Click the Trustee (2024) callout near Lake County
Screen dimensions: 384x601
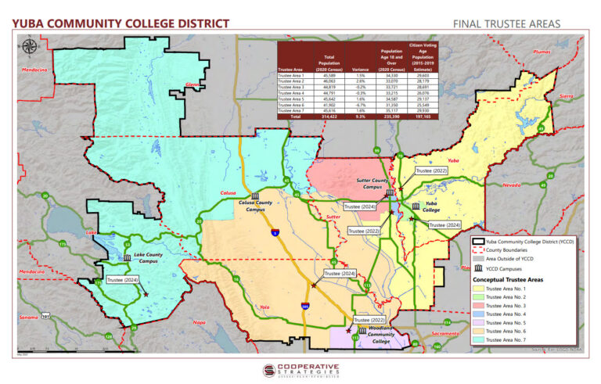[121, 280]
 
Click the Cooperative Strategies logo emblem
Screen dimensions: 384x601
[269, 370]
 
